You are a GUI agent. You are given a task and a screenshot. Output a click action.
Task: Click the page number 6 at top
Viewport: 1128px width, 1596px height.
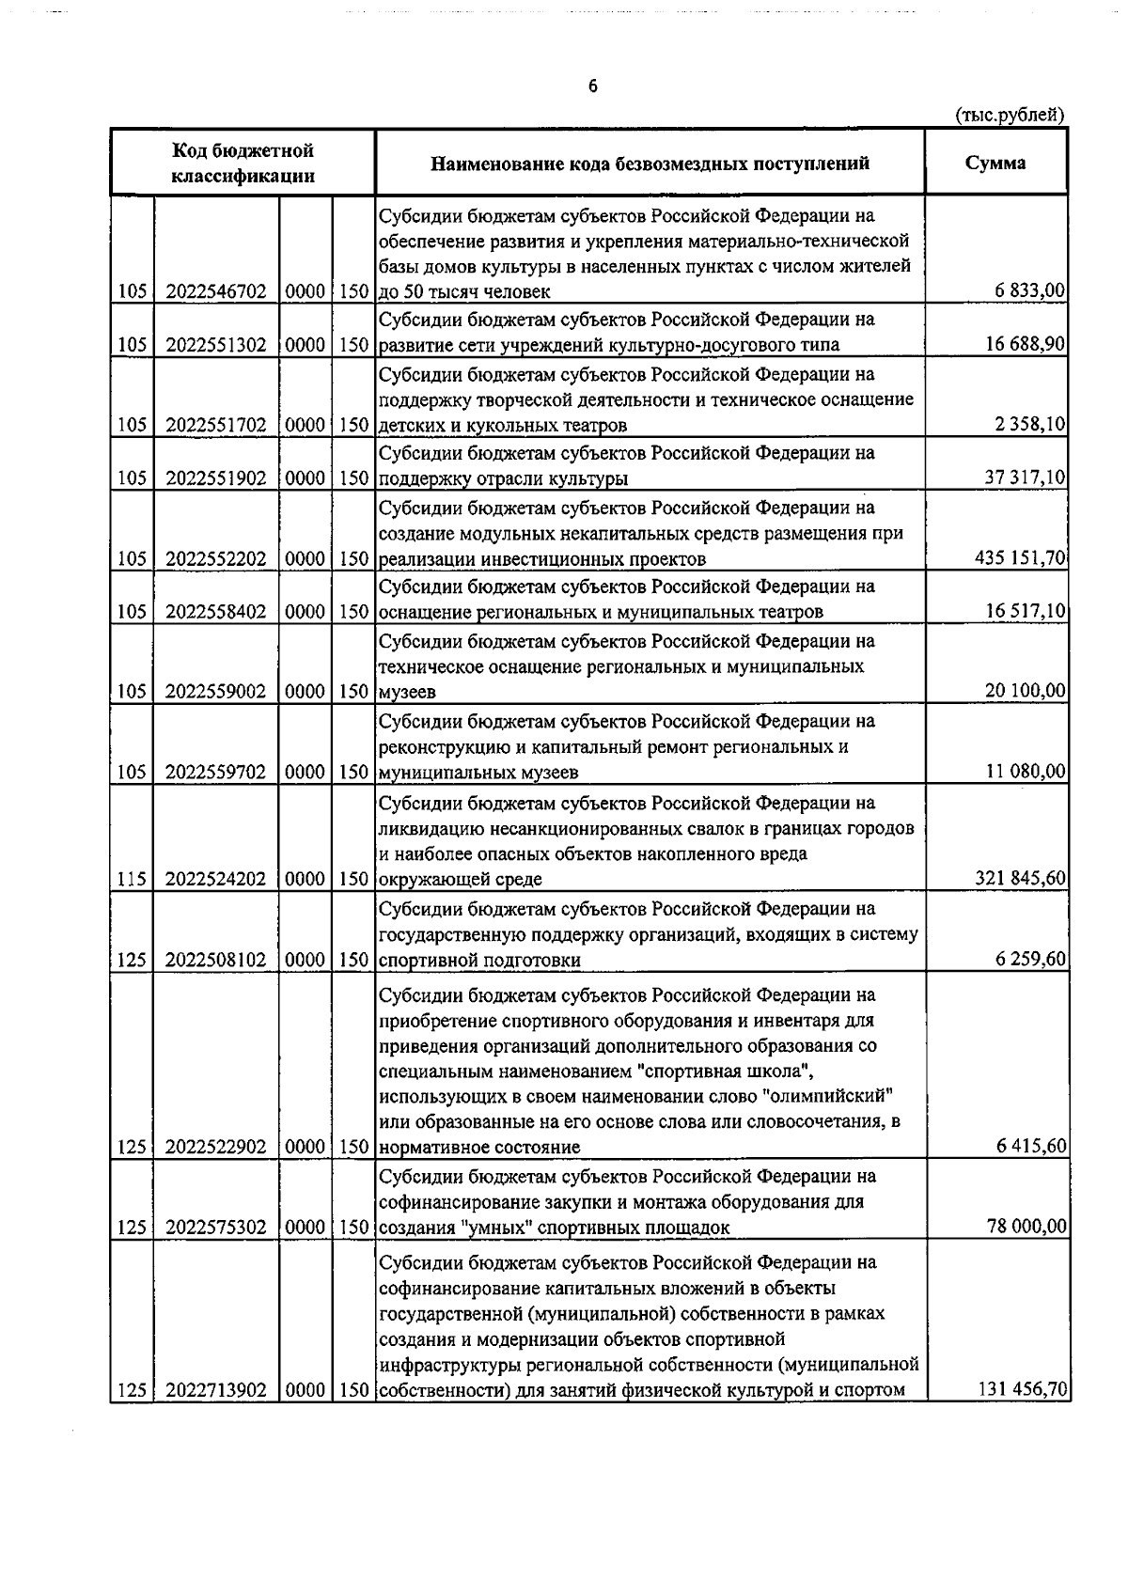[x=592, y=86]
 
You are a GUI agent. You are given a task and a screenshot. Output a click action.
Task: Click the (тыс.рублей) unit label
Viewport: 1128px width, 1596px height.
[x=1009, y=116]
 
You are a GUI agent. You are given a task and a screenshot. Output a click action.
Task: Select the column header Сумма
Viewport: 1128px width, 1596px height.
[x=995, y=163]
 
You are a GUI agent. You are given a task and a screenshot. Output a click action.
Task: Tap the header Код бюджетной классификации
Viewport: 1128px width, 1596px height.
[x=243, y=163]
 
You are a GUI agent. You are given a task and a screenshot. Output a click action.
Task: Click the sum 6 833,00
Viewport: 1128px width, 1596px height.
[x=1030, y=290]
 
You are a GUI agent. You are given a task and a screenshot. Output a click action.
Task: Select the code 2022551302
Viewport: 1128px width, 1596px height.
[x=216, y=344]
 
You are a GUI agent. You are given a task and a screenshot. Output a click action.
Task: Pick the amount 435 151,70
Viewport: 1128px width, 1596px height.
[x=1021, y=558]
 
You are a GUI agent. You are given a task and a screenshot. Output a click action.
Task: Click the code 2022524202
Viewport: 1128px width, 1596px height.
[x=216, y=879]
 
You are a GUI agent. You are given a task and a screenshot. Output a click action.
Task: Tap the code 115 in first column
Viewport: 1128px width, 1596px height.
[x=131, y=879]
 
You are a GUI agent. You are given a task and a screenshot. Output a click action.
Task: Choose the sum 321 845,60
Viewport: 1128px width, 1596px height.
[x=1021, y=878]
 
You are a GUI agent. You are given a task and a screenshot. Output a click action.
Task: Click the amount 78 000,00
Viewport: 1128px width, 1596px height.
[x=1026, y=1227]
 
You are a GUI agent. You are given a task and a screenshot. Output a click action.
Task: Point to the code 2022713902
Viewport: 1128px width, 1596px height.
[x=216, y=1389]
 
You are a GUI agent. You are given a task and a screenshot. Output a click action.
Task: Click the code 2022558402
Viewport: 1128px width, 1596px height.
[x=216, y=612]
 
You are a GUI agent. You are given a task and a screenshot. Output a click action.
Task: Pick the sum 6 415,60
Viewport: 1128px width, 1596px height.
[x=1030, y=1146]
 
